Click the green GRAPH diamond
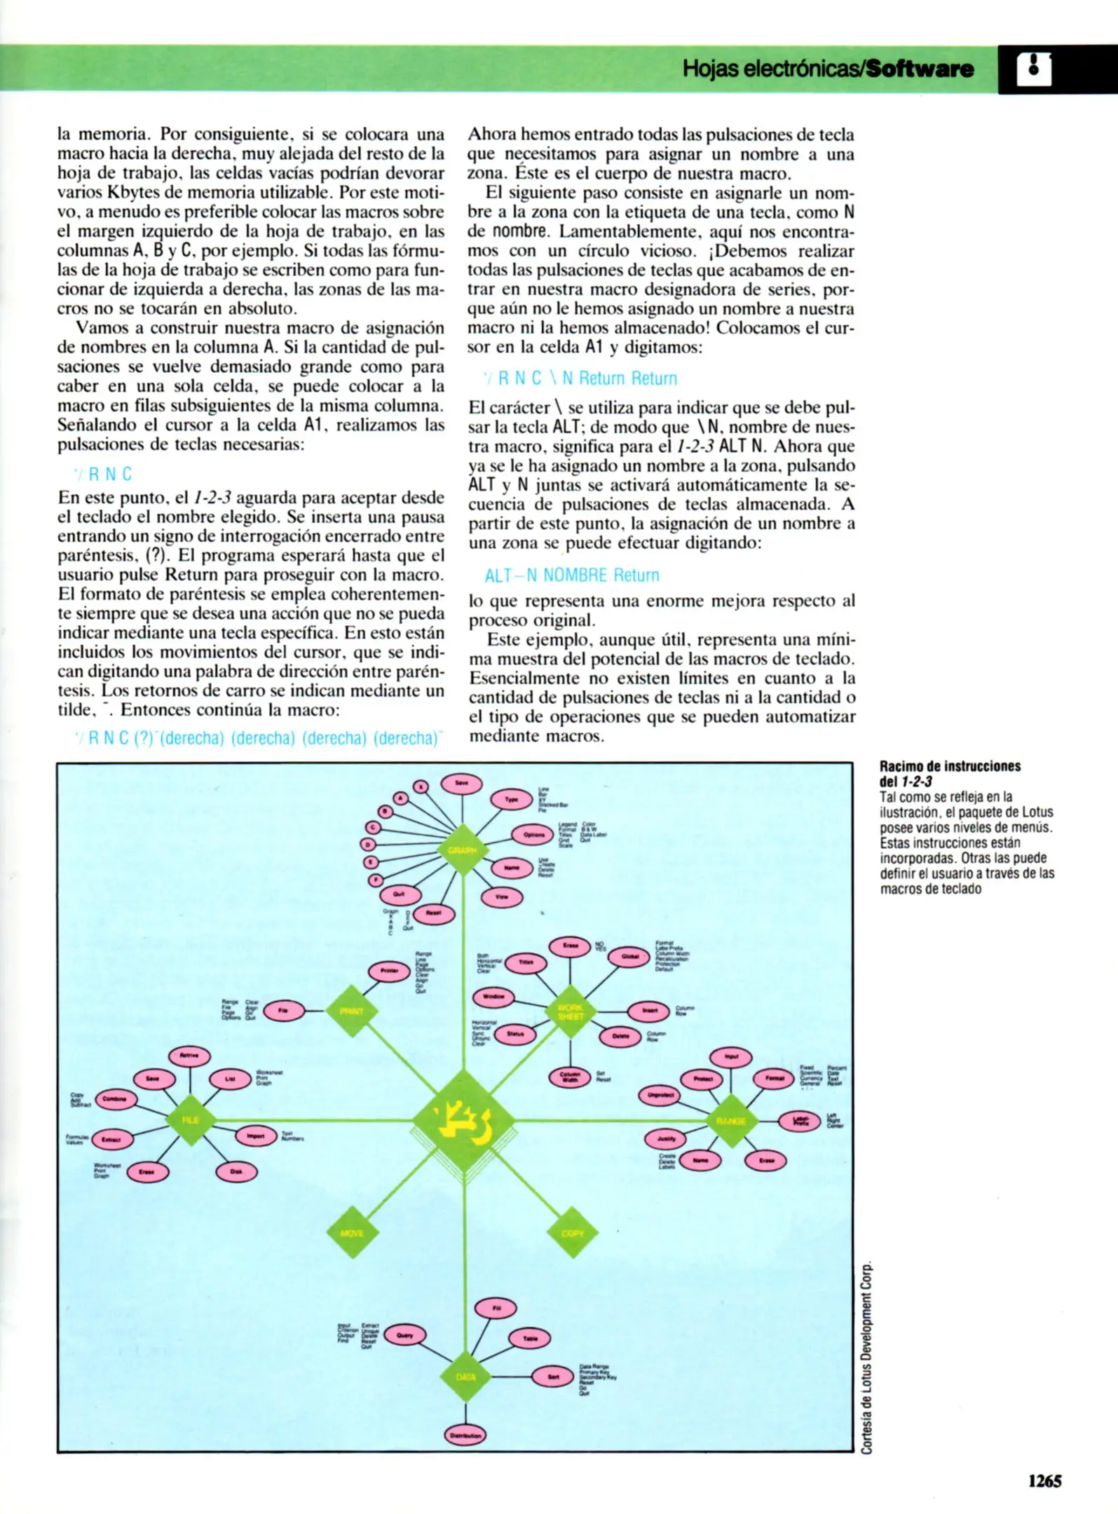(x=463, y=850)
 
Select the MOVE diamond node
(x=352, y=1233)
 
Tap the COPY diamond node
(x=573, y=1233)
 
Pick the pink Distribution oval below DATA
(x=465, y=1435)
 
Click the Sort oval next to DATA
(x=553, y=1377)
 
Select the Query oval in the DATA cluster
(x=405, y=1335)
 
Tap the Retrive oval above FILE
(x=189, y=1055)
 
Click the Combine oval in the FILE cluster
(x=115, y=1099)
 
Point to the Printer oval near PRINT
(x=389, y=971)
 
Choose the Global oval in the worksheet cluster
(x=629, y=957)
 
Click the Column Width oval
(x=570, y=1077)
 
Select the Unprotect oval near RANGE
(x=660, y=1094)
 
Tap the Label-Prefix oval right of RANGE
(x=800, y=1121)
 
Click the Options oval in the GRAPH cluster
(x=534, y=835)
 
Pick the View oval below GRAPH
(x=502, y=896)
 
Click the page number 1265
(x=1044, y=1480)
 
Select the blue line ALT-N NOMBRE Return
(x=572, y=575)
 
